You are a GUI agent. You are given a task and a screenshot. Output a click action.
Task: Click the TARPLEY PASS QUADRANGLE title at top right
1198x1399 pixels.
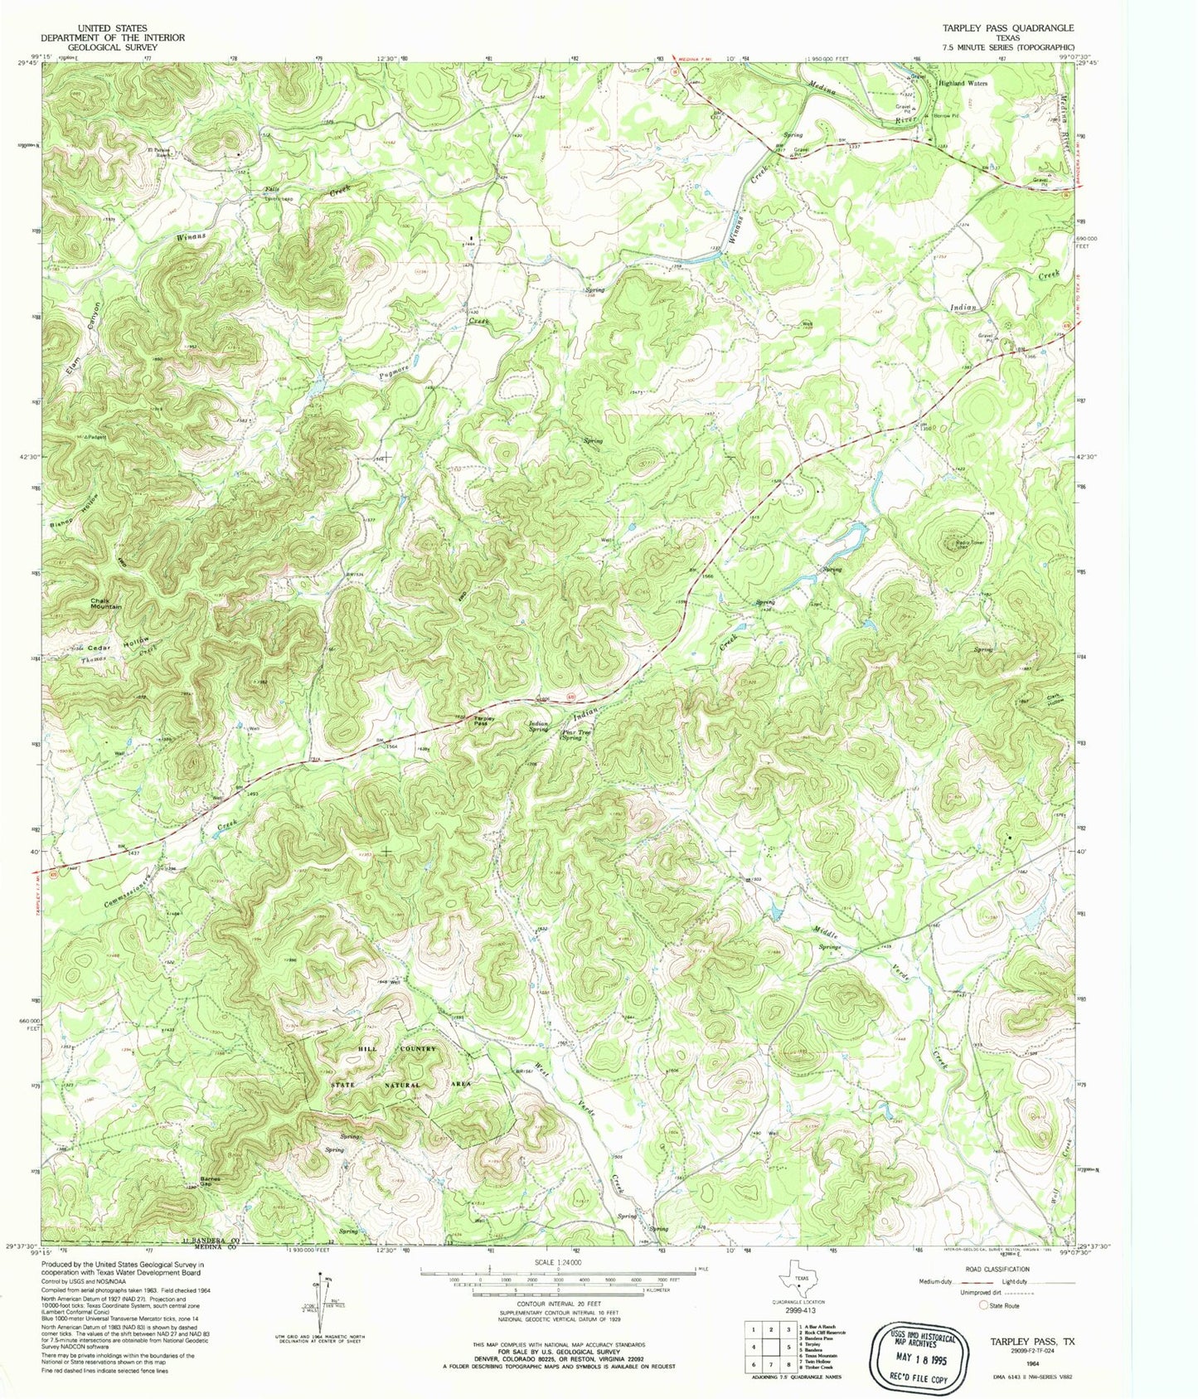1007,27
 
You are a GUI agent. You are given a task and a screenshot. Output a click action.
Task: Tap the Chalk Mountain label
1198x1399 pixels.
107,604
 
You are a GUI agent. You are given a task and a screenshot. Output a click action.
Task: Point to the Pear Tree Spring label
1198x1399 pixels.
572,735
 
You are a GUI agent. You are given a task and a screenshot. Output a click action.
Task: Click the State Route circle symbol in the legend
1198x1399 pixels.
983,1305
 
